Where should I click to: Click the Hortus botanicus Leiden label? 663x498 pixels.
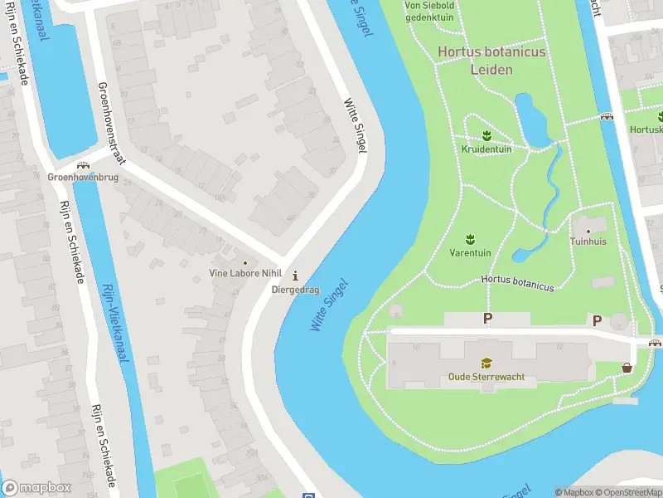491,60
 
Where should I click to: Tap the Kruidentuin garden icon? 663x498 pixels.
487,135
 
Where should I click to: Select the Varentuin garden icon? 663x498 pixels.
471,238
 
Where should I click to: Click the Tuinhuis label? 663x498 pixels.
588,242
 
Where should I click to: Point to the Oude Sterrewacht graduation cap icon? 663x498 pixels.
486,363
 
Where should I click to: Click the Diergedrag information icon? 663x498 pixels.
296,276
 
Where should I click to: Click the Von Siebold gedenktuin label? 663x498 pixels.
429,11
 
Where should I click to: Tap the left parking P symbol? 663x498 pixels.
487,319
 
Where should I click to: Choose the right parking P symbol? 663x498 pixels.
596,320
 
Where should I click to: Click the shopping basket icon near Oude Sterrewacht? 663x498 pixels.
627,367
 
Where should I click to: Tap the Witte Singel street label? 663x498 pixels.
354,125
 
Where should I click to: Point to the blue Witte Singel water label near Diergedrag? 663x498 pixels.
329,305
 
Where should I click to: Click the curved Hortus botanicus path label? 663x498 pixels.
516,283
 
